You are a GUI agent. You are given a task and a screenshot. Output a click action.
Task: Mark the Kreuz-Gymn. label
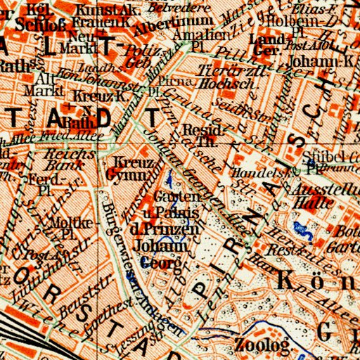click(x=128, y=167)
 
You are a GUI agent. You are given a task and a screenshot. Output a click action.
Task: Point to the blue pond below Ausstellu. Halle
click(x=304, y=229)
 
